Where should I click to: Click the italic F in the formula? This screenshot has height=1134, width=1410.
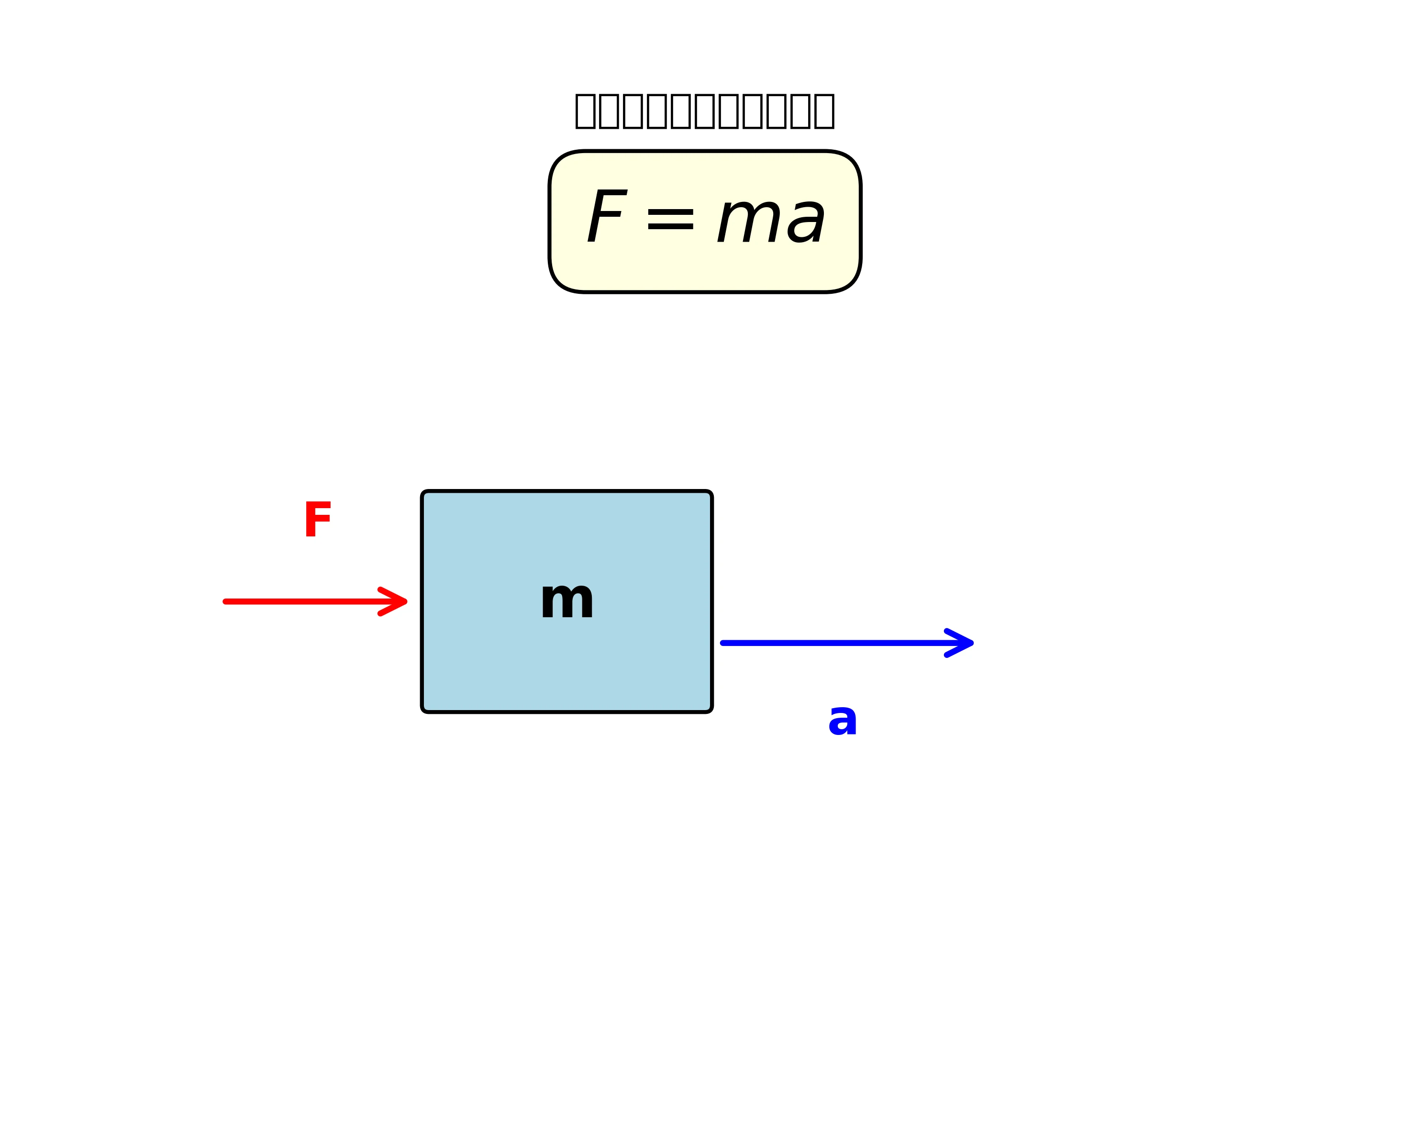coord(607,216)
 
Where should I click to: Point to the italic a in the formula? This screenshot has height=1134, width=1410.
coord(806,221)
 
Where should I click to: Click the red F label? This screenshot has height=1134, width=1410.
coord(318,520)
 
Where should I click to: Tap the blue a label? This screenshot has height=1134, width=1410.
coord(843,720)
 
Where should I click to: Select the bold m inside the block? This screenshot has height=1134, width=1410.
coord(567,600)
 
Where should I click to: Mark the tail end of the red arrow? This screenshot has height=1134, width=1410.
coord(226,601)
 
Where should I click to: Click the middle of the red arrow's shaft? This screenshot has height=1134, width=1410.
coord(314,601)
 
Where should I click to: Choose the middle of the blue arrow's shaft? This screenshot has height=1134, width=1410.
coord(844,644)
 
